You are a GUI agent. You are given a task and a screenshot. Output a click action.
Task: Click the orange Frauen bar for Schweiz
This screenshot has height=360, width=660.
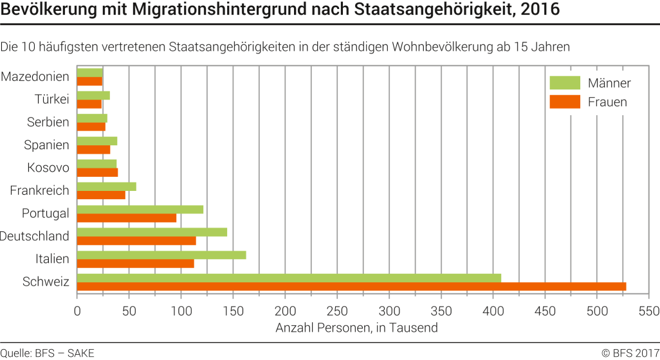[351, 286]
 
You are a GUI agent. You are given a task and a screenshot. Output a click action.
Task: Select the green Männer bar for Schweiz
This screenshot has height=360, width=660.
[289, 278]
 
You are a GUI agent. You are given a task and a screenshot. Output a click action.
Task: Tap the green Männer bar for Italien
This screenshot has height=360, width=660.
[161, 255]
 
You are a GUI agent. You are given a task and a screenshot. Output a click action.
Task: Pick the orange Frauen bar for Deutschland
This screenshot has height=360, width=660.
[136, 240]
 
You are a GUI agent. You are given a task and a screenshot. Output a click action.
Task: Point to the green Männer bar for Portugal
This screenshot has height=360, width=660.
[140, 209]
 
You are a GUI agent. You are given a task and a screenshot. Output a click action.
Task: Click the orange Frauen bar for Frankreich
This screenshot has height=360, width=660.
[101, 195]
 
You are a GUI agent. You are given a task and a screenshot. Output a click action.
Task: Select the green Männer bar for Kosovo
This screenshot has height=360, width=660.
[96, 163]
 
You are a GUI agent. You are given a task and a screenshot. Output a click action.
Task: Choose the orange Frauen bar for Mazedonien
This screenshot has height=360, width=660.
[89, 81]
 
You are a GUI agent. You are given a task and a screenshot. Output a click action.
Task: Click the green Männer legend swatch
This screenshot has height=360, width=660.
[565, 83]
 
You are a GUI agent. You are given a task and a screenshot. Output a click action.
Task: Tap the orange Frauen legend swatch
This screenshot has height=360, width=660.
[565, 102]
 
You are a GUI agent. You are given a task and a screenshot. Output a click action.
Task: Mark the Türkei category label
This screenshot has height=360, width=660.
[51, 100]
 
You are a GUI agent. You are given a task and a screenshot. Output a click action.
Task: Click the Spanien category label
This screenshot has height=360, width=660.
[46, 145]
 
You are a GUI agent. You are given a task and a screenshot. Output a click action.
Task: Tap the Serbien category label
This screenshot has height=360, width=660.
[48, 122]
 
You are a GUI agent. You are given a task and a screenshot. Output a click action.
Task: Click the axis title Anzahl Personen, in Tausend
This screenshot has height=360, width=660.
[356, 328]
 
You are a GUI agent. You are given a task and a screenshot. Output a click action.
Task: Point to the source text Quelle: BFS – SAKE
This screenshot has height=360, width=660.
[48, 352]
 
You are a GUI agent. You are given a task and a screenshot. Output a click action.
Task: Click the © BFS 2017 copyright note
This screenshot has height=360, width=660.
[629, 352]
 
